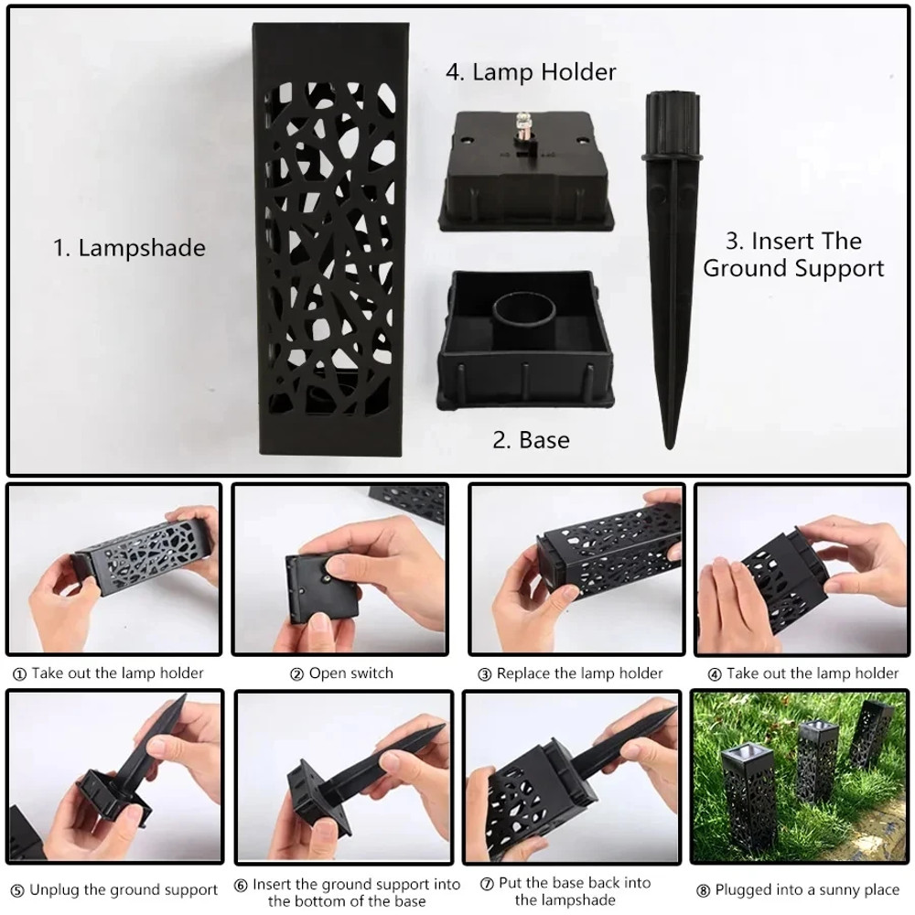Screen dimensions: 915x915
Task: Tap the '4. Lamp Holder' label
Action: point(531,71)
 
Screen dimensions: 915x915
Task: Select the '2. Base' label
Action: point(531,440)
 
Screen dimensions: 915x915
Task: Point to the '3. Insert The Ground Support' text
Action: point(792,254)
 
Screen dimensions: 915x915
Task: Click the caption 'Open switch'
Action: point(351,673)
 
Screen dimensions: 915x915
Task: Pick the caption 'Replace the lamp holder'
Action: point(579,673)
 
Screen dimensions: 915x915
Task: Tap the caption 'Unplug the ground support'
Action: point(124,889)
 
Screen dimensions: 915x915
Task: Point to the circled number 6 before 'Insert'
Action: point(242,885)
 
